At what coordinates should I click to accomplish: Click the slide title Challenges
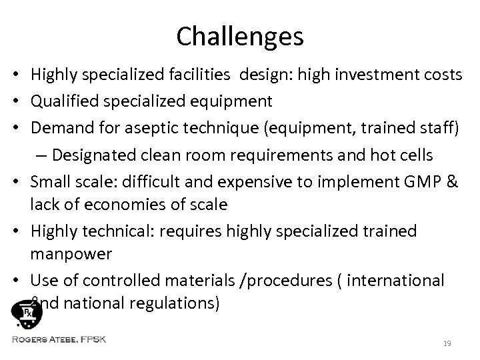[240, 37]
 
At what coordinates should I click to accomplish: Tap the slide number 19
[446, 343]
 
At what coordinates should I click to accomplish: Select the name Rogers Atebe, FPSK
[59, 339]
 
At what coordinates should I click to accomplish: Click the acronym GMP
[418, 180]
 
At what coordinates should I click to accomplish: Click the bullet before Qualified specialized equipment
[21, 101]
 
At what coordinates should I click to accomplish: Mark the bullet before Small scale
[21, 181]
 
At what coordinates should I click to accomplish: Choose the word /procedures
[303, 281]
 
